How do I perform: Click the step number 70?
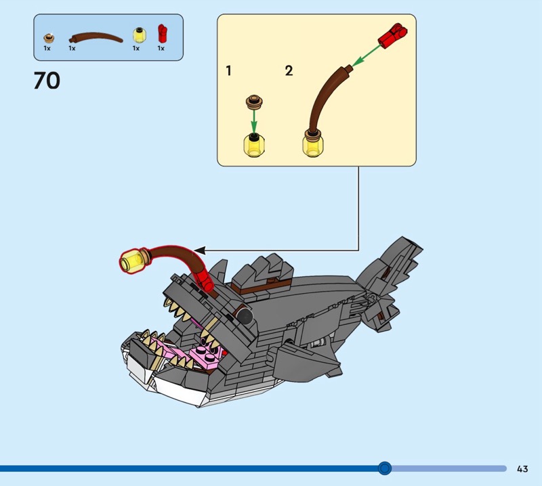47,81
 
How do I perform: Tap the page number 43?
522,468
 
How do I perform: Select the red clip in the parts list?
162,33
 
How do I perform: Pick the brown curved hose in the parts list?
96,37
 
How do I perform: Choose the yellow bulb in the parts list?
140,35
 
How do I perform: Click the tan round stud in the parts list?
49,38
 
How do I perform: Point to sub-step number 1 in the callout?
228,71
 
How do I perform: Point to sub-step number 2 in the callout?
289,71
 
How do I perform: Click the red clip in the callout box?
393,35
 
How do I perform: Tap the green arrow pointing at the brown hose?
367,54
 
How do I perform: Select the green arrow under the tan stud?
254,120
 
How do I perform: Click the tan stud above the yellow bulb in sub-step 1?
255,103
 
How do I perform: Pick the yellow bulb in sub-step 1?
254,146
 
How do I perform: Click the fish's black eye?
245,315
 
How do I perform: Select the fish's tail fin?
389,283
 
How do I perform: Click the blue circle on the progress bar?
384,468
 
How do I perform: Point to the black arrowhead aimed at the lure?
200,250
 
